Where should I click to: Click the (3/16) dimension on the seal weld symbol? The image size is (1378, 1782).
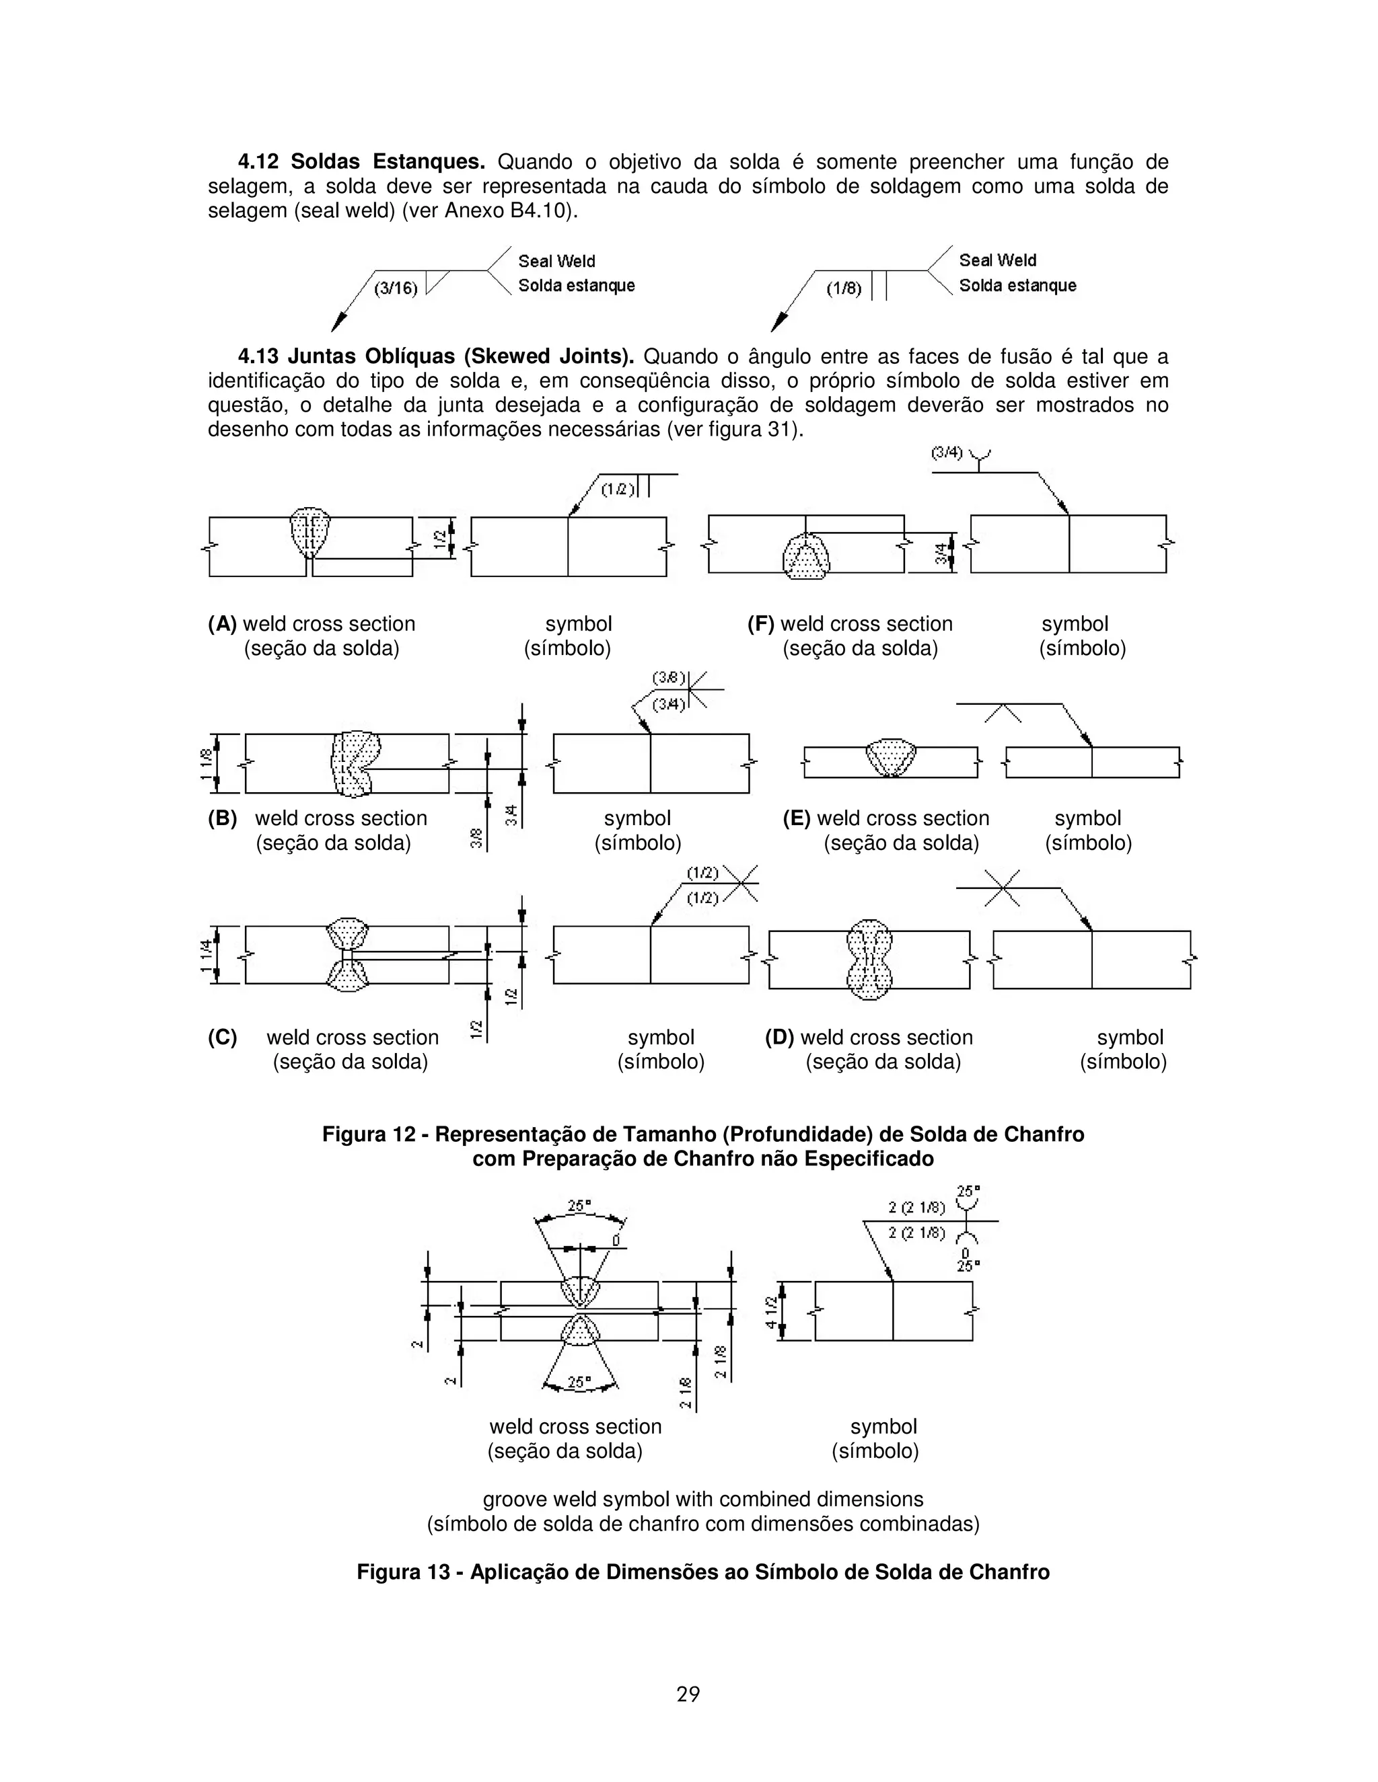396,288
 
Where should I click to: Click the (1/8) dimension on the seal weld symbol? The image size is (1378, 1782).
844,288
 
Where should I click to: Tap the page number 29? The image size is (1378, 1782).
688,1694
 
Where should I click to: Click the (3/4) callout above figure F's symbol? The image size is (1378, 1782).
947,453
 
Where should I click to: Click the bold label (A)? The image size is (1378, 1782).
222,624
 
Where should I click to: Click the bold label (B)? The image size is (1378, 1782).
222,818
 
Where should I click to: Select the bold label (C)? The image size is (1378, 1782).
222,1038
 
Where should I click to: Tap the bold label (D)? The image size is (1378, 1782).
778,1038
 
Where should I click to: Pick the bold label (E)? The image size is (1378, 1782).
797,818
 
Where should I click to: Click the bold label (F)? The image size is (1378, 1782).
761,624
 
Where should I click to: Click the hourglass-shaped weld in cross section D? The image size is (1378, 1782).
869,960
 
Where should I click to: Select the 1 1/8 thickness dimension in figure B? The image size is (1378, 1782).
207,764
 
